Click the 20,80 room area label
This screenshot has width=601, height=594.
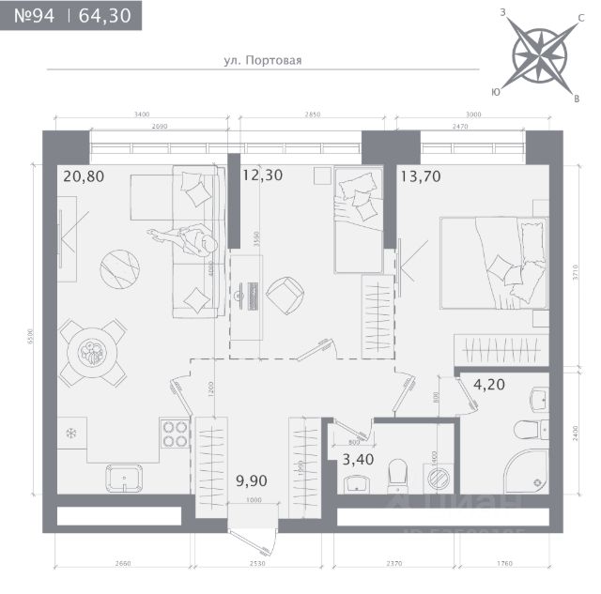pyautogui.click(x=82, y=175)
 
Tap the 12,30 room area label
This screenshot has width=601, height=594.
pyautogui.click(x=262, y=175)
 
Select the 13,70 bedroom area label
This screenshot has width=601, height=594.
pyautogui.click(x=421, y=175)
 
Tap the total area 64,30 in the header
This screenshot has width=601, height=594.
pyautogui.click(x=106, y=16)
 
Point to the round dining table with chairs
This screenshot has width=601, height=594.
pyautogui.click(x=92, y=352)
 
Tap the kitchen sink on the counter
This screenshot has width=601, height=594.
pyautogui.click(x=122, y=477)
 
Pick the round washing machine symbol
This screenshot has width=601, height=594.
pyautogui.click(x=438, y=479)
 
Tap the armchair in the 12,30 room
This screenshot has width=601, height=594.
pyautogui.click(x=285, y=295)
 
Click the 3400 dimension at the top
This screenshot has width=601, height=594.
pyautogui.click(x=142, y=114)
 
